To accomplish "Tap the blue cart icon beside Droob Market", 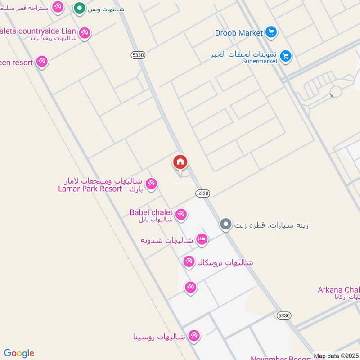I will pos(270,32).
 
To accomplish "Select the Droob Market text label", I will pos(238,33).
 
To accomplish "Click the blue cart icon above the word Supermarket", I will pos(285,56).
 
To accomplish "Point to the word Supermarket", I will pos(260,61).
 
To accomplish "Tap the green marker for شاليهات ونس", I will pos(80,8).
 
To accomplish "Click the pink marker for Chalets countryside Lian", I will pos(84,33).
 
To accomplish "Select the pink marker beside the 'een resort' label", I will pos(42,61).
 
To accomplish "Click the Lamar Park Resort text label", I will pos(90,189).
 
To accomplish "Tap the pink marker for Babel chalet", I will pos(181,215).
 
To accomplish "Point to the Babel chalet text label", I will pos(151,212).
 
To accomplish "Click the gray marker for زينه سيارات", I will pos(226,224).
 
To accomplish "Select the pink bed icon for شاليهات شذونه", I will pos(202,240).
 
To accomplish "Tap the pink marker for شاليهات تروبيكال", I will pos(189,261).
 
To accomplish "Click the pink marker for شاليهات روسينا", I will pos(194,335).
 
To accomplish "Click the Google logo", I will pos(19,353).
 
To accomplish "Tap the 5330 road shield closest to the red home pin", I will pos(203,193).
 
